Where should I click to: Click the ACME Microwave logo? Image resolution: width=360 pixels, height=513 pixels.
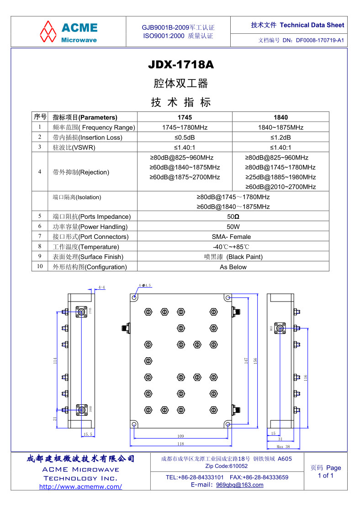click(69, 32)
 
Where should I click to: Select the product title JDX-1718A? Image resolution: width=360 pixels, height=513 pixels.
click(180, 65)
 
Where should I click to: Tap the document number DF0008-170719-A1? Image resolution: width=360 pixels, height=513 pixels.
click(320, 40)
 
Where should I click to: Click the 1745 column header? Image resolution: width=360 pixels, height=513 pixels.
click(185, 117)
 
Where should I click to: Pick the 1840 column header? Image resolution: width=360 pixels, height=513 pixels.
click(281, 117)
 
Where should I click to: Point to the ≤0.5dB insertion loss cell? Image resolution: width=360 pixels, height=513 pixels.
click(185, 138)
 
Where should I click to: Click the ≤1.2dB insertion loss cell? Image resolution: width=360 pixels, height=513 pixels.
click(281, 138)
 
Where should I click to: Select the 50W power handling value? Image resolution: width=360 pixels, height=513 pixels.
click(233, 227)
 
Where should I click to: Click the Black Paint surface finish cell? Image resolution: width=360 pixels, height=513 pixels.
click(233, 257)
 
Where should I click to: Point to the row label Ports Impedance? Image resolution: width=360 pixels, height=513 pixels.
click(92, 217)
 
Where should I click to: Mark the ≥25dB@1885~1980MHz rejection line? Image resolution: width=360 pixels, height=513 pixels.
click(281, 177)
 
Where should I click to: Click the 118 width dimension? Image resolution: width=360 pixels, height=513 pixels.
click(180, 444)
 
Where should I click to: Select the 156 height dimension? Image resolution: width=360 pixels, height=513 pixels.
click(255, 360)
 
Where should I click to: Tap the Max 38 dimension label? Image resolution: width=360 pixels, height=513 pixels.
click(283, 446)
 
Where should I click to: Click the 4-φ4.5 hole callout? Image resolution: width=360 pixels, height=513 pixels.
click(145, 285)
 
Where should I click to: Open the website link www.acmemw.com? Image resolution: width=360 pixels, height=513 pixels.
click(80, 487)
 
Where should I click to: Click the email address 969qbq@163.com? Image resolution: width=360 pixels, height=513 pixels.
click(239, 485)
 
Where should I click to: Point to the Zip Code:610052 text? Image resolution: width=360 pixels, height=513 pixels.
click(227, 466)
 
